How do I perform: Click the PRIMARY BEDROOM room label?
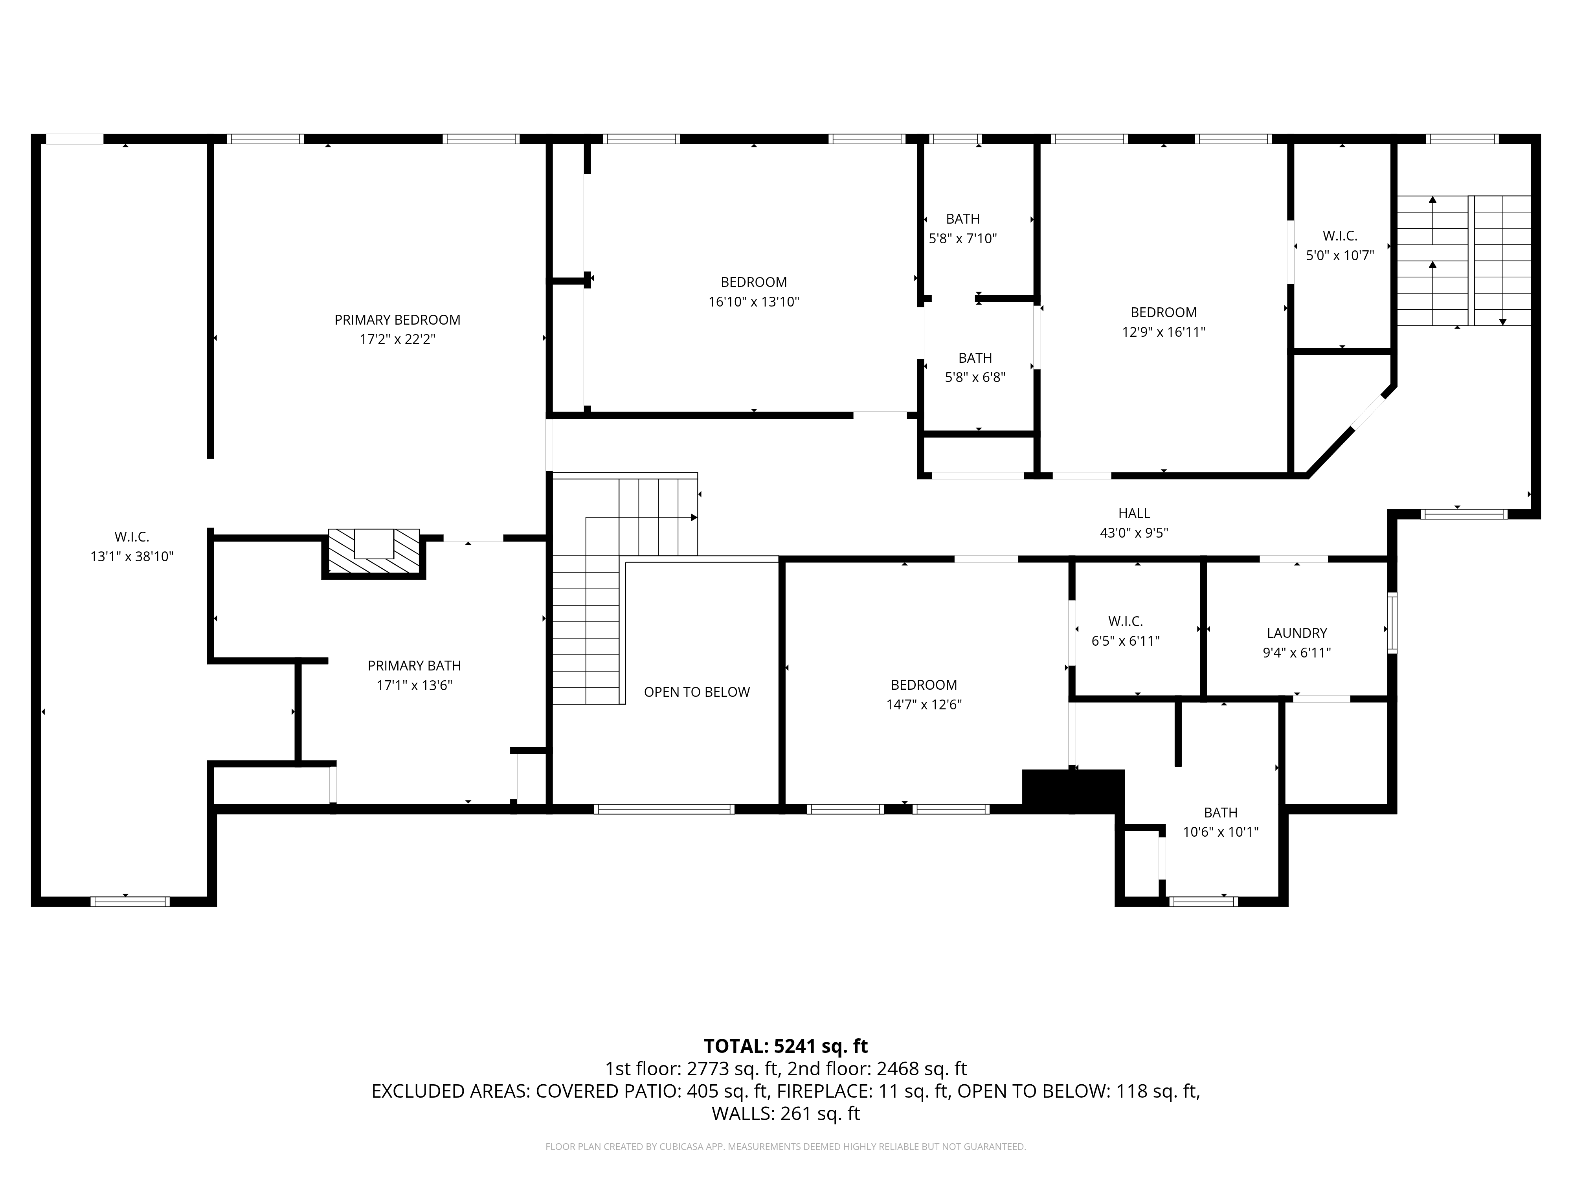click(397, 320)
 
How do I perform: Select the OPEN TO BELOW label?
click(696, 692)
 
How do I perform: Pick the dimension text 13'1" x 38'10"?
click(132, 556)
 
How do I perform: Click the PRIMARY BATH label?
click(414, 666)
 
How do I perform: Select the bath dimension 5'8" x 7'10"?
click(963, 239)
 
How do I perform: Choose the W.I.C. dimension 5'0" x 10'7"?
click(1340, 255)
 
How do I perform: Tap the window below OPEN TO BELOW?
click(664, 809)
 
